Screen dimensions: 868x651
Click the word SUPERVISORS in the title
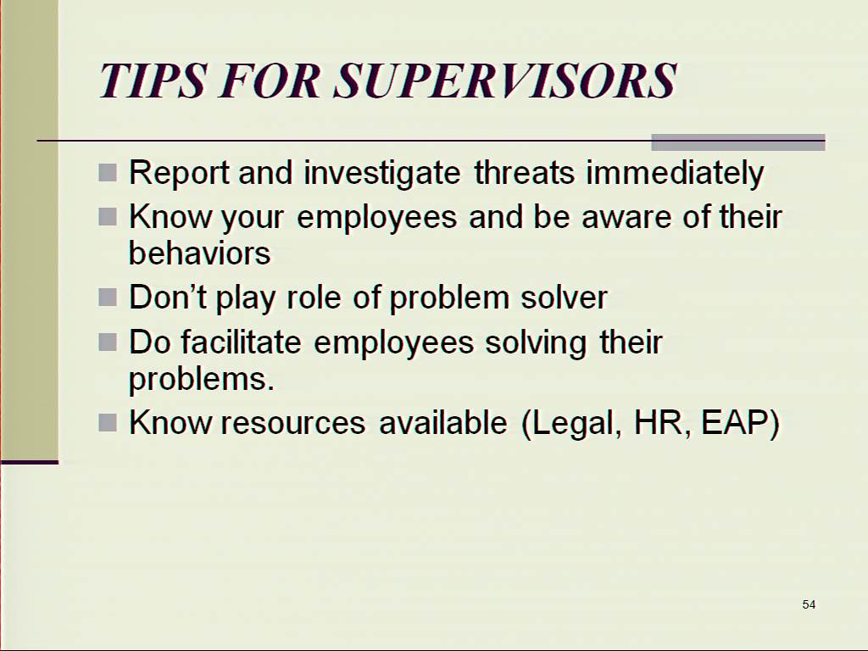pos(505,81)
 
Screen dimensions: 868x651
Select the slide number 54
pos(809,604)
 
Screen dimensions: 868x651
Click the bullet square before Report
pos(108,173)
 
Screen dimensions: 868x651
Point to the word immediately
pos(676,173)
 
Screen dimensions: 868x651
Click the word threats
pos(524,172)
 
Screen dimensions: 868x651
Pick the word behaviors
pos(200,253)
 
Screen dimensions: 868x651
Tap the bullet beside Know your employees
pos(108,216)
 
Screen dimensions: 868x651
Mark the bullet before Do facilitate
pos(108,342)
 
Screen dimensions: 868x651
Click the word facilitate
pos(241,342)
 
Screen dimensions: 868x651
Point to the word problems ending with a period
pos(202,380)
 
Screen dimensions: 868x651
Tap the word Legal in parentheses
pos(576,424)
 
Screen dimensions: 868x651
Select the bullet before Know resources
pos(108,423)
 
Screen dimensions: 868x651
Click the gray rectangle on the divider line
pos(738,142)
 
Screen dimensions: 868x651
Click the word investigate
pos(382,173)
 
